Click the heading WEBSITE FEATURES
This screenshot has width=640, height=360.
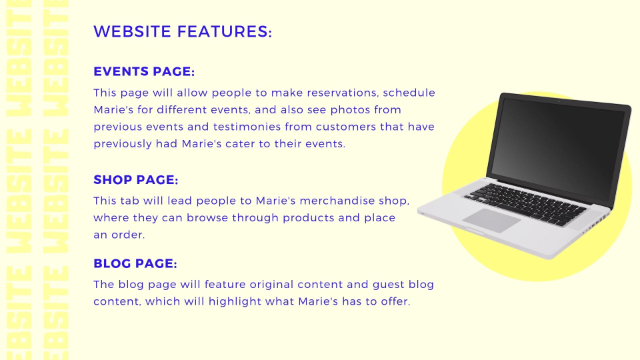click(x=183, y=31)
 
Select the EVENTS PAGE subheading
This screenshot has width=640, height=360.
click(x=144, y=71)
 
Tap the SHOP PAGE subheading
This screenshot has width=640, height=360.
click(x=136, y=179)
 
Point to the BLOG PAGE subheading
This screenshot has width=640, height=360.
click(x=135, y=263)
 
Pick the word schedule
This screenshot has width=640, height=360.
click(x=409, y=93)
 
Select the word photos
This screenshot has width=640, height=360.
click(x=351, y=110)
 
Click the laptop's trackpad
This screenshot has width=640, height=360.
click(x=491, y=221)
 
